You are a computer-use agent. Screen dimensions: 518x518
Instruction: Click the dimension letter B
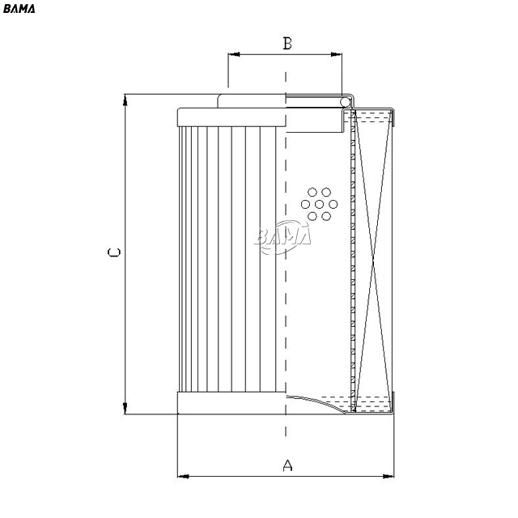pyautogui.click(x=287, y=43)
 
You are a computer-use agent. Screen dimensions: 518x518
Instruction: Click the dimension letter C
pyautogui.click(x=114, y=253)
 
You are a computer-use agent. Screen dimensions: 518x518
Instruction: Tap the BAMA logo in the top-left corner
pyautogui.click(x=19, y=9)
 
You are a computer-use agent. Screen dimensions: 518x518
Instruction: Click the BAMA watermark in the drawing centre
pyautogui.click(x=282, y=236)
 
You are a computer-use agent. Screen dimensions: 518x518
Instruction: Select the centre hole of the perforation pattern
pyautogui.click(x=319, y=205)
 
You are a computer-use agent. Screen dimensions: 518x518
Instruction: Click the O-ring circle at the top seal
pyautogui.click(x=346, y=103)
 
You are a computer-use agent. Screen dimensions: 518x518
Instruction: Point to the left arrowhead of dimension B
pyautogui.click(x=234, y=54)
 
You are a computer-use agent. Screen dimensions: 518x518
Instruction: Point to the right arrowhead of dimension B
pyautogui.click(x=337, y=54)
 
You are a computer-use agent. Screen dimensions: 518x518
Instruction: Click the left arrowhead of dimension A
pyautogui.click(x=183, y=477)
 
